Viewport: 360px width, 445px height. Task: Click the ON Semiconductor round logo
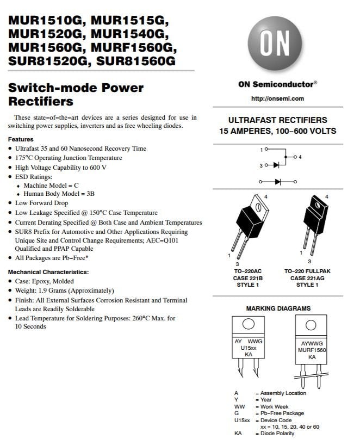pos(275,44)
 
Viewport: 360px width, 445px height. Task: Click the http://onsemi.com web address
pos(277,99)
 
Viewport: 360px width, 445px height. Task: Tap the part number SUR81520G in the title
pos(48,61)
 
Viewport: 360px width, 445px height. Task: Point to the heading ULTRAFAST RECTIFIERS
pos(277,120)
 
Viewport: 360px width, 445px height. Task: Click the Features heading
pos(21,139)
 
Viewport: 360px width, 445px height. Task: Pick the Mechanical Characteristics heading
pos(48,272)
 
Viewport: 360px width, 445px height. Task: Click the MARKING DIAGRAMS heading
pos(278,308)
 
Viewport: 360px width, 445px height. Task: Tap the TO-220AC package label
pos(248,271)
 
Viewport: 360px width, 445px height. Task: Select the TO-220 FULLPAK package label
pos(307,271)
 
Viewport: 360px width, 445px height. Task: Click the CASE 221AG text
pos(307,278)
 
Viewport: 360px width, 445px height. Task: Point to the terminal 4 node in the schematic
pos(295,157)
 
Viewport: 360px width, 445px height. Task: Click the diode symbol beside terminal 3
pos(276,165)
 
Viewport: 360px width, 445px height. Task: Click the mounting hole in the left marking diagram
pos(248,324)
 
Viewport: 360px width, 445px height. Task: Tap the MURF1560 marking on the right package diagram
pos(312,350)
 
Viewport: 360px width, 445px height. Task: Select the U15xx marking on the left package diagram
pos(248,348)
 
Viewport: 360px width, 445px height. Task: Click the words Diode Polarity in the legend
pos(277,434)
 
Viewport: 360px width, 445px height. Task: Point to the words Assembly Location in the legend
pos(283,393)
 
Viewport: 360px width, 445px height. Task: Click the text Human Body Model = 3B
pos(59,194)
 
